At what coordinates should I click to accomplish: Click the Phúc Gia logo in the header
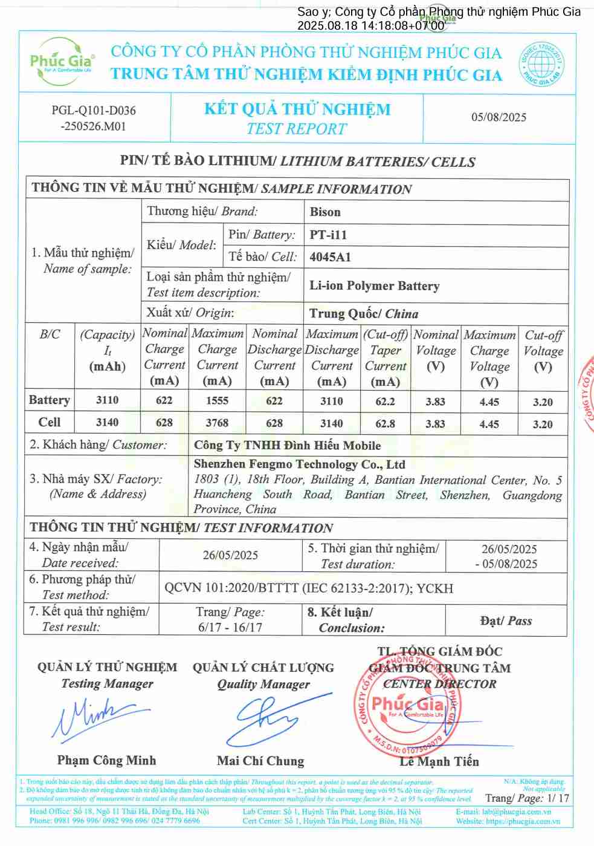tap(63, 61)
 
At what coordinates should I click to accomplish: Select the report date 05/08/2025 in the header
tap(499, 117)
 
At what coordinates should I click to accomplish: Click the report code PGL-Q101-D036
tap(94, 110)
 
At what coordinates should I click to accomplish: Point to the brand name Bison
tap(325, 212)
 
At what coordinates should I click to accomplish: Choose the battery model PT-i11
tap(328, 235)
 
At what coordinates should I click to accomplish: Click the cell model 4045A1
tap(330, 257)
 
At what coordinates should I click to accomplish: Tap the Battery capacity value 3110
tap(107, 400)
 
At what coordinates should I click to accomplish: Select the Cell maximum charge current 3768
tap(217, 423)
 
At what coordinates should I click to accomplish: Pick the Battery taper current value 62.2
tap(385, 401)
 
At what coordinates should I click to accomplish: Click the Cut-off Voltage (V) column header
tap(543, 351)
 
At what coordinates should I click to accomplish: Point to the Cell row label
tap(50, 422)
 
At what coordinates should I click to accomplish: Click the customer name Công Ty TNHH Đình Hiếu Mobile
tap(287, 446)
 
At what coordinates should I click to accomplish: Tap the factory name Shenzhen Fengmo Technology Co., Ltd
tap(299, 464)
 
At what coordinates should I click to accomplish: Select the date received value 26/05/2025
tap(230, 555)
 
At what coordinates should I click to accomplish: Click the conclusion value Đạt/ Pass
tap(506, 621)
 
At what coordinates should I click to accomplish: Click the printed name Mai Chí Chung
tap(260, 761)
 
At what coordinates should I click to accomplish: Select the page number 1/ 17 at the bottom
tap(558, 798)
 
